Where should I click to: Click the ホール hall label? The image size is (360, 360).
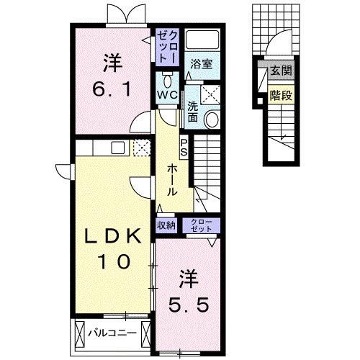[x=174, y=179]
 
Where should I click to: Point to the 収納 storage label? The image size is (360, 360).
[x=166, y=225]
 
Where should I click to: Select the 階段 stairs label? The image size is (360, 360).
[x=280, y=94]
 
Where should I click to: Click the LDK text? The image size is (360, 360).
[x=114, y=236]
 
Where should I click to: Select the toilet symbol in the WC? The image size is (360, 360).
[x=167, y=77]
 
